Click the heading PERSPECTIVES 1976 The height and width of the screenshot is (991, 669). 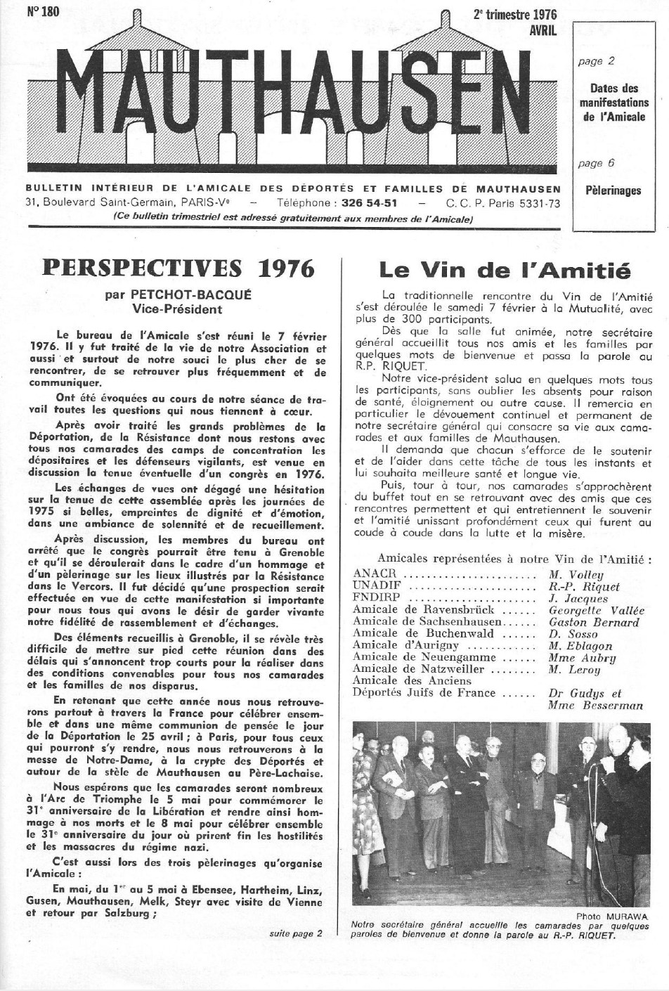[x=179, y=268]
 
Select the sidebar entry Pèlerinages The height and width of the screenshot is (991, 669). [x=613, y=190]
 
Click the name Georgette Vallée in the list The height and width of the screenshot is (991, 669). [x=596, y=611]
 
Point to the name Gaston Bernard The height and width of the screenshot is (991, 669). [x=594, y=622]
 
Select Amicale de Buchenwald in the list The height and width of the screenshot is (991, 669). [x=413, y=634]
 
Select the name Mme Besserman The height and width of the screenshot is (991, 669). [x=595, y=705]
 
